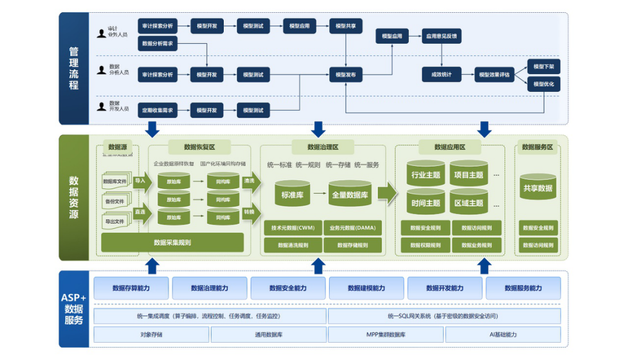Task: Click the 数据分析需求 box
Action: tap(158, 44)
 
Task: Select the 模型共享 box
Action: tap(346, 26)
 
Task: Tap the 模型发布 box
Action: tap(346, 75)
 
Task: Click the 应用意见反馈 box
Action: tap(442, 37)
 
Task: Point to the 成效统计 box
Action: tap(442, 75)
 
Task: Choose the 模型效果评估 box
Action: tap(494, 75)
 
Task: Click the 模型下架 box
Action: tap(543, 67)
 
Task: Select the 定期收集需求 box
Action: tap(158, 111)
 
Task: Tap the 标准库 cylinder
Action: tap(293, 194)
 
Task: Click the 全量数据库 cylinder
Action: tap(350, 194)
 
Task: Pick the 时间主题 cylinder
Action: tap(426, 203)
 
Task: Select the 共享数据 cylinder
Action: tap(537, 188)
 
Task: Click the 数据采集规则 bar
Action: tap(172, 243)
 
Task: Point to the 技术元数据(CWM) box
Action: tap(293, 228)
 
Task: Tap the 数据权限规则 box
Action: tap(421, 245)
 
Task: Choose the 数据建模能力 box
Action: tap(366, 288)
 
